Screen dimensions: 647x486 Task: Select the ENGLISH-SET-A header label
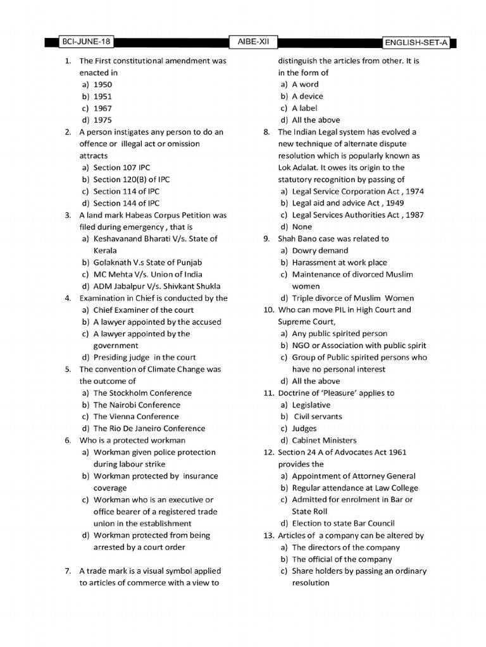pyautogui.click(x=418, y=43)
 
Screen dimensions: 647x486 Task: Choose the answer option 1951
pyautogui.click(x=103, y=97)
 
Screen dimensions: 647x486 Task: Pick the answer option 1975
pyautogui.click(x=103, y=120)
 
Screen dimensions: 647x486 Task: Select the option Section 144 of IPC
pyautogui.click(x=127, y=203)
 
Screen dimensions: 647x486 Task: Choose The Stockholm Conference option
pyautogui.click(x=142, y=393)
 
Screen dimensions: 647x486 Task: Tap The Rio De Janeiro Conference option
pyautogui.click(x=149, y=428)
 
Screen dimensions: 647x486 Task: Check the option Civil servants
pyautogui.click(x=318, y=416)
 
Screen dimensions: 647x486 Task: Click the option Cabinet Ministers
pyautogui.click(x=324, y=440)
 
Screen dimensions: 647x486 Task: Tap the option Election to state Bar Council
pyautogui.click(x=343, y=523)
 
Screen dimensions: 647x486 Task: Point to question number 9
pyautogui.click(x=267, y=239)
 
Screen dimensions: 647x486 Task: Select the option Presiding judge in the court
pyautogui.click(x=144, y=358)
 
